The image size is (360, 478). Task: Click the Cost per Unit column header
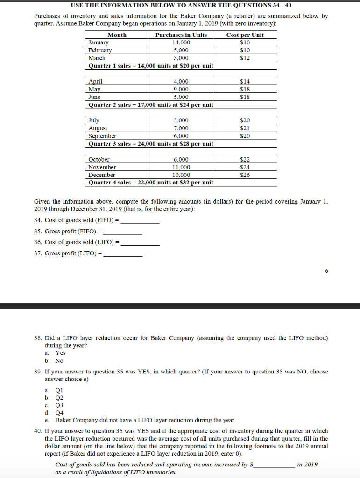(245, 35)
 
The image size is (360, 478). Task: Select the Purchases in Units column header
(181, 35)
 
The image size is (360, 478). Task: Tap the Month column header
(117, 35)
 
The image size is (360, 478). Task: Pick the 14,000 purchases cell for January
(181, 42)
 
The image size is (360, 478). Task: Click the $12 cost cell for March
(245, 58)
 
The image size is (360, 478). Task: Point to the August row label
(98, 128)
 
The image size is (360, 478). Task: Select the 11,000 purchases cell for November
(181, 167)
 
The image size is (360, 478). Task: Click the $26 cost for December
(245, 175)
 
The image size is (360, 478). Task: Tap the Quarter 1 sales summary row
(151, 66)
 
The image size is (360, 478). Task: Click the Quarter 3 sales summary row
(151, 144)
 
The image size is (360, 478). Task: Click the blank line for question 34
(140, 220)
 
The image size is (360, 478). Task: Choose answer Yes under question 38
(60, 353)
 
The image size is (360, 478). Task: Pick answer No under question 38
(59, 361)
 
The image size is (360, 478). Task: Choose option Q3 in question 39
(59, 405)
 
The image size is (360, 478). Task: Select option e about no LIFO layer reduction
(145, 420)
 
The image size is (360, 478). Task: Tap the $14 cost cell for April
(245, 82)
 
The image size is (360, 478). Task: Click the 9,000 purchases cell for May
(181, 89)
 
